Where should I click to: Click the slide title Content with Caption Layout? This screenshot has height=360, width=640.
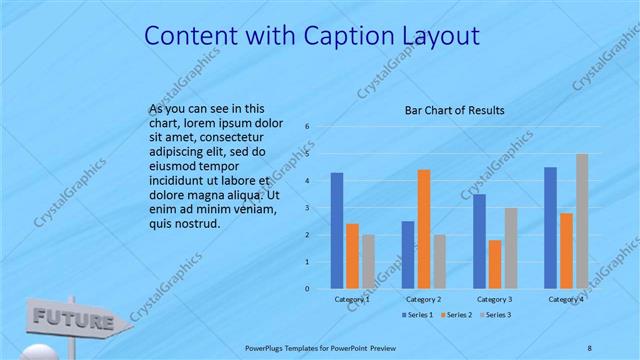pyautogui.click(x=312, y=36)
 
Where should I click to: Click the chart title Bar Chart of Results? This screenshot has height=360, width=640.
pyautogui.click(x=454, y=110)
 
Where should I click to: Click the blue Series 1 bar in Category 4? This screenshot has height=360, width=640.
pyautogui.click(x=550, y=227)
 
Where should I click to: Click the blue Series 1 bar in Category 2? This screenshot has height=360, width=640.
pyautogui.click(x=408, y=254)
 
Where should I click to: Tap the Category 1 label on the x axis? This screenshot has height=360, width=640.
pyautogui.click(x=352, y=298)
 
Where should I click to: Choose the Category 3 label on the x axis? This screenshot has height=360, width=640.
pyautogui.click(x=495, y=298)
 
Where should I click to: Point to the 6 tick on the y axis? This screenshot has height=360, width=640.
pyautogui.click(x=308, y=126)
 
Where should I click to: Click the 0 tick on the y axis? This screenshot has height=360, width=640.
pyautogui.click(x=308, y=288)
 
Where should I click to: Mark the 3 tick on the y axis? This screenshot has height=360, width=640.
pyautogui.click(x=308, y=207)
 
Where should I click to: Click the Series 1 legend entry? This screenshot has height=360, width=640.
pyautogui.click(x=418, y=315)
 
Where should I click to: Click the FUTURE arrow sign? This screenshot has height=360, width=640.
pyautogui.click(x=76, y=320)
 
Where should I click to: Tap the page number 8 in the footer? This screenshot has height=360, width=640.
pyautogui.click(x=589, y=348)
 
